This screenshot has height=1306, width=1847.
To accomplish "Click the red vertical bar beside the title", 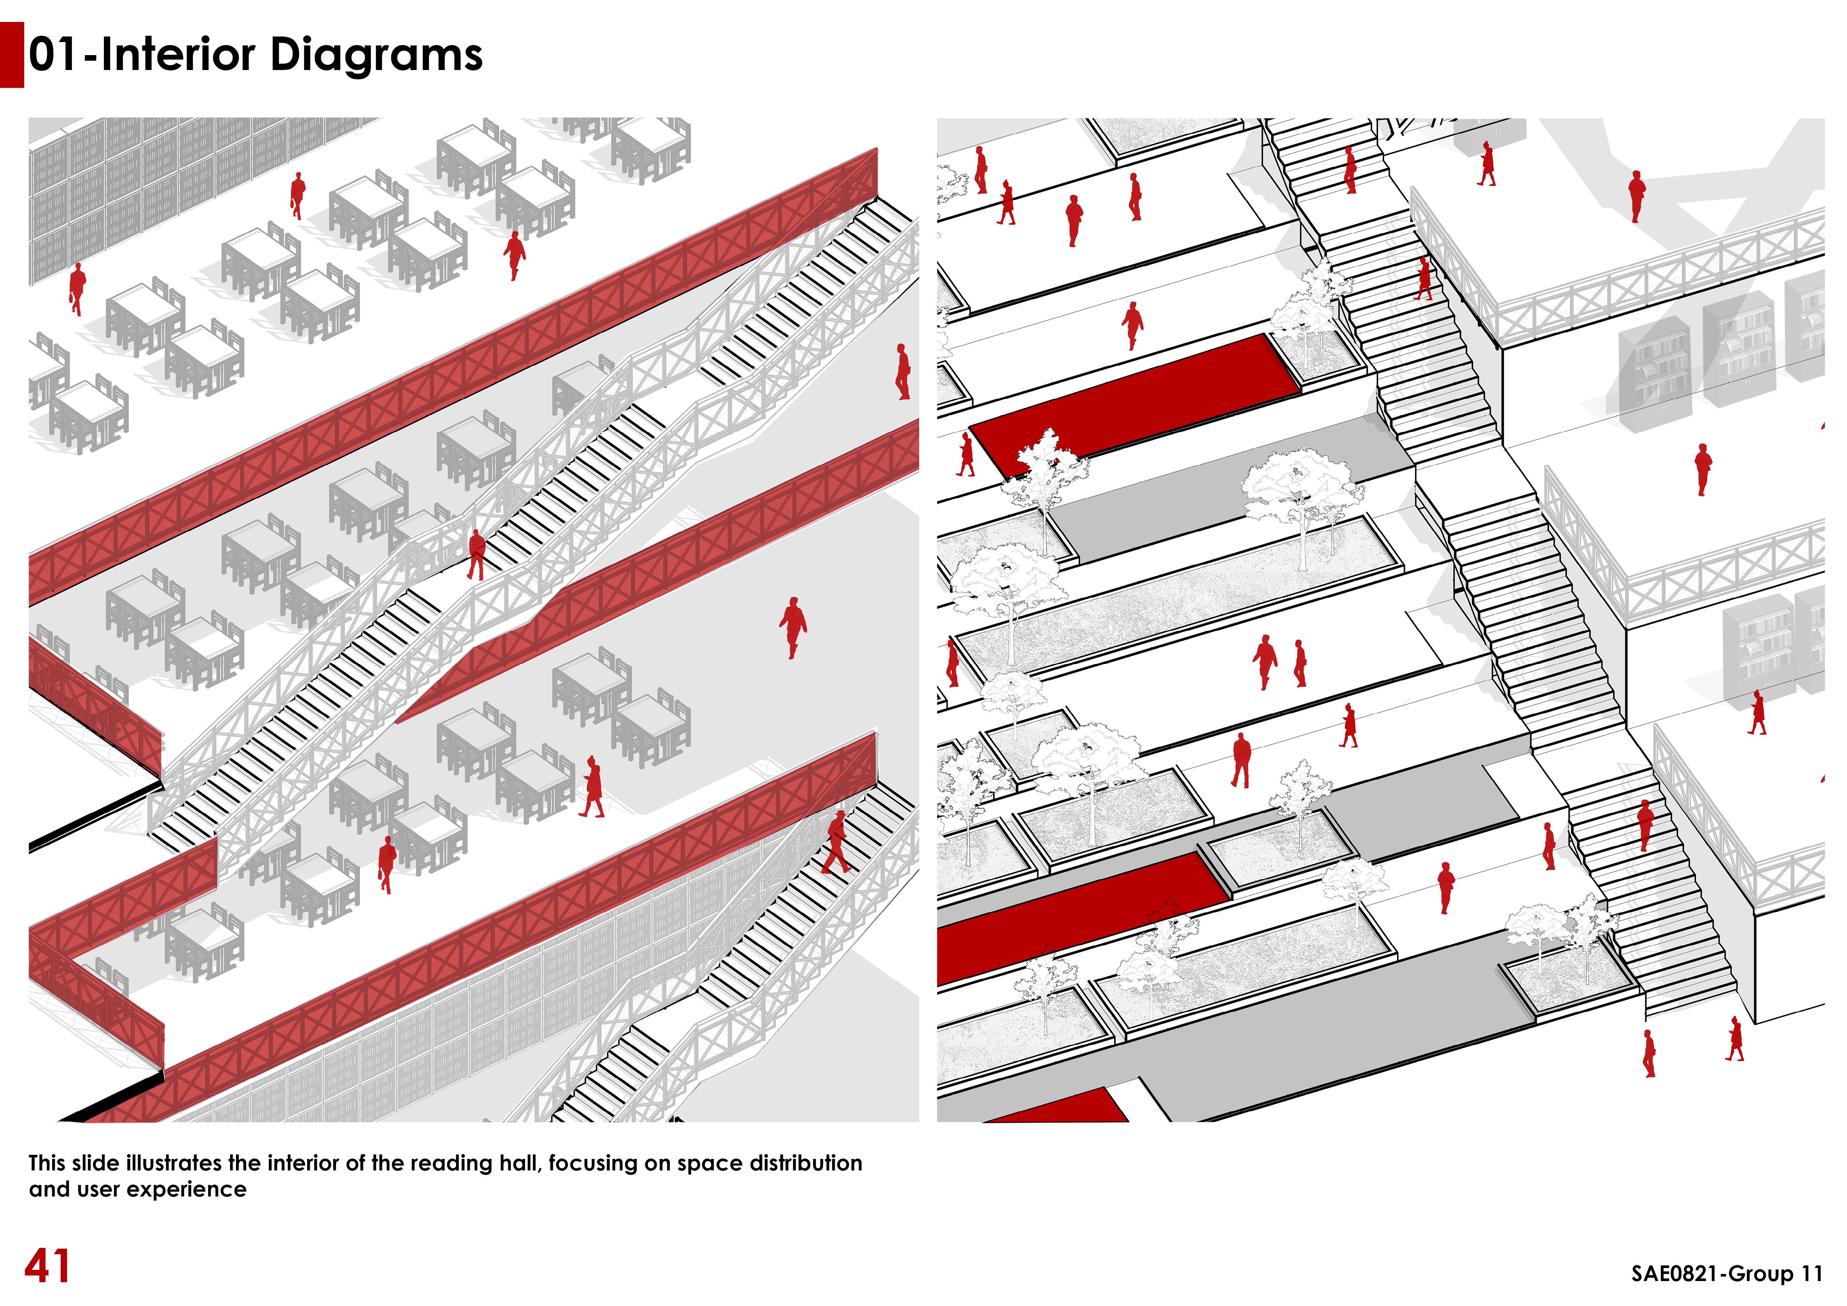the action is pyautogui.click(x=12, y=55).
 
